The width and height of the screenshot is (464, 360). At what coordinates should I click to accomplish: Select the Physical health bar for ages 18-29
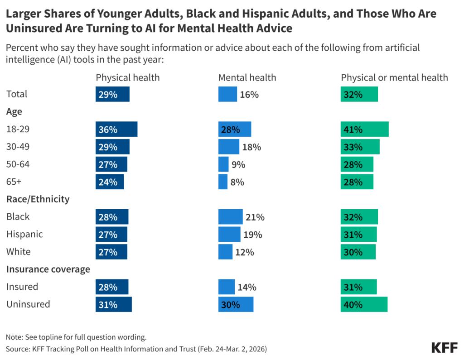116,130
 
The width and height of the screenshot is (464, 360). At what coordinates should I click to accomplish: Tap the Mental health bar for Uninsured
236,305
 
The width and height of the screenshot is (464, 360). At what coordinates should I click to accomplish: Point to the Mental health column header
247,77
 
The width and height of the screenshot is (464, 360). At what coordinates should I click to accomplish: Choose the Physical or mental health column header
394,77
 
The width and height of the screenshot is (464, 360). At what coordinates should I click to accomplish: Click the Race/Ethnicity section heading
38,199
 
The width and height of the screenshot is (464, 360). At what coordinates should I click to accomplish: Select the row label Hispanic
24,234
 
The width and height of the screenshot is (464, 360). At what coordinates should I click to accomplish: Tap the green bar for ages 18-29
365,130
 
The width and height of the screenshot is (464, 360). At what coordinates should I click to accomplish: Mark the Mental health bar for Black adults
230,217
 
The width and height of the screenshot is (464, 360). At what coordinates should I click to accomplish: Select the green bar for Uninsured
364,305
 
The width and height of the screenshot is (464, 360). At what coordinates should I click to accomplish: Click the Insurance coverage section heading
48,269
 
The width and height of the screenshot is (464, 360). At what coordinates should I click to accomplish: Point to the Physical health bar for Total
112,95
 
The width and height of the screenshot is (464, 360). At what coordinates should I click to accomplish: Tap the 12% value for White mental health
245,252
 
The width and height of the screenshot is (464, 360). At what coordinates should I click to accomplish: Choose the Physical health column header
128,77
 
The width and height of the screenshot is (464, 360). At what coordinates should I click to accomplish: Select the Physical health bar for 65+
110,182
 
